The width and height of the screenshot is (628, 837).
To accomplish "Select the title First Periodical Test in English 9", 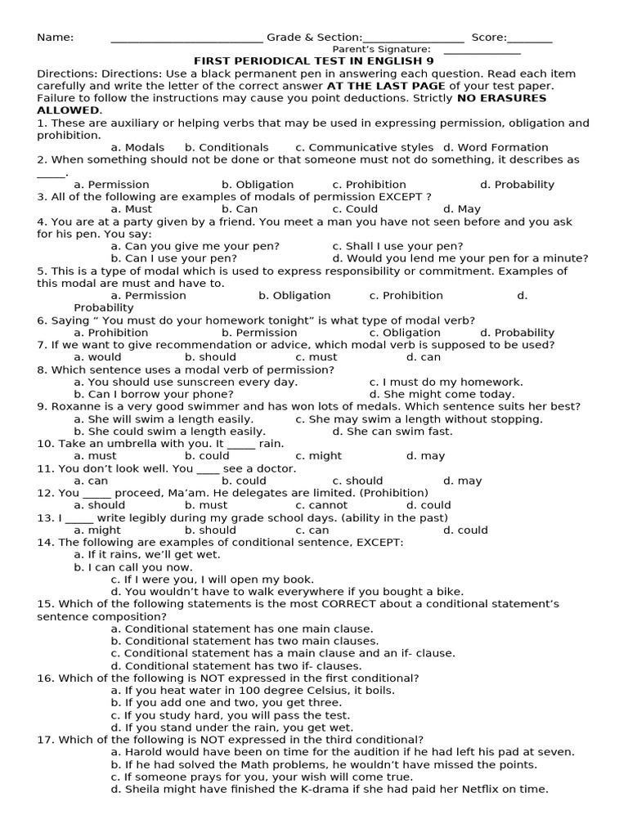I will (x=314, y=61).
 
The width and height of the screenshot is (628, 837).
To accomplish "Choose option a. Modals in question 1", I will (x=137, y=148).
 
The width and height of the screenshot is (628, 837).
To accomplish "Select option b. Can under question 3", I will (x=240, y=209).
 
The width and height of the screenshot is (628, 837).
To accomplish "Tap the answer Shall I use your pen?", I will (x=397, y=246).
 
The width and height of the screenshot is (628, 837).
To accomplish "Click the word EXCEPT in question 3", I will (x=400, y=197).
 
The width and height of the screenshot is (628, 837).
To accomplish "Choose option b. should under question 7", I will (x=210, y=357).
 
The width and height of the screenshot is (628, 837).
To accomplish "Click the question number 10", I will (x=45, y=444).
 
